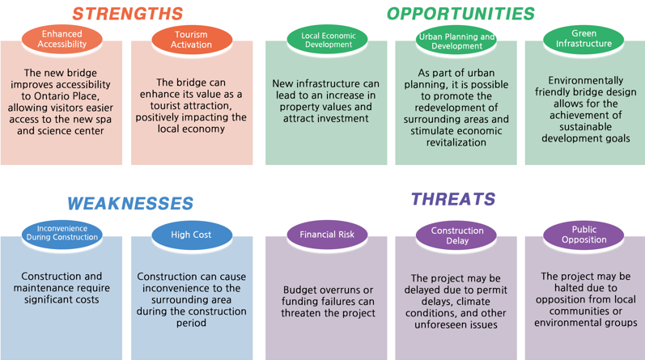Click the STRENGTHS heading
tap(128, 14)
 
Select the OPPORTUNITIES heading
tap(460, 14)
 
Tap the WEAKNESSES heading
tap(130, 203)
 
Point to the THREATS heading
tap(453, 199)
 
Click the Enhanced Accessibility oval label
tap(62, 39)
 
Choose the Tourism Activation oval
tap(192, 40)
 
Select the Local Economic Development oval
tap(328, 40)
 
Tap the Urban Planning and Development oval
tap(456, 40)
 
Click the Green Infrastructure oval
tap(583, 39)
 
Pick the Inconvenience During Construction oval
tap(62, 235)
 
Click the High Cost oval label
tap(192, 235)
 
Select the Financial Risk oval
tap(328, 235)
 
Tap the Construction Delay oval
tap(456, 235)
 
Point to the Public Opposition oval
tap(583, 235)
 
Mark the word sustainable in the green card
tap(585, 127)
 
